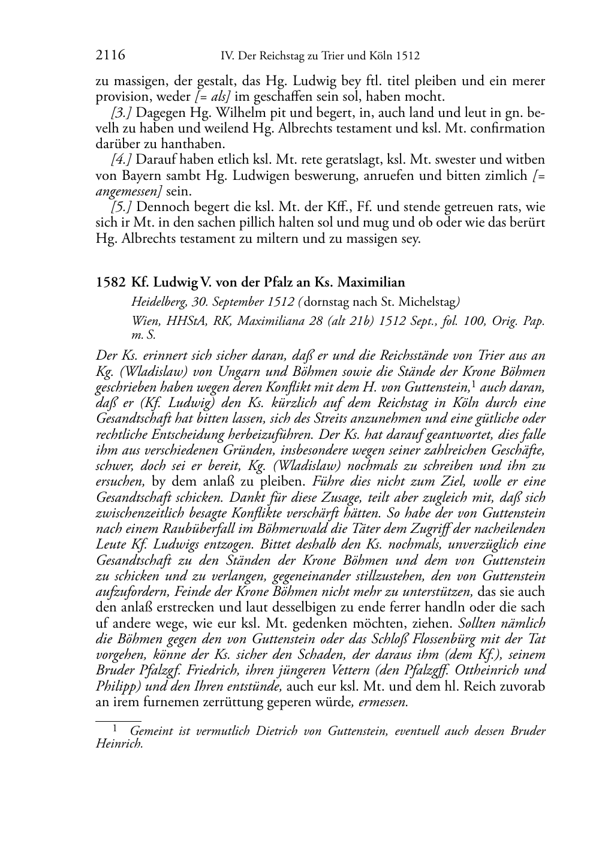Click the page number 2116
pos(110,56)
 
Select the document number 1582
pos(110,282)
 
